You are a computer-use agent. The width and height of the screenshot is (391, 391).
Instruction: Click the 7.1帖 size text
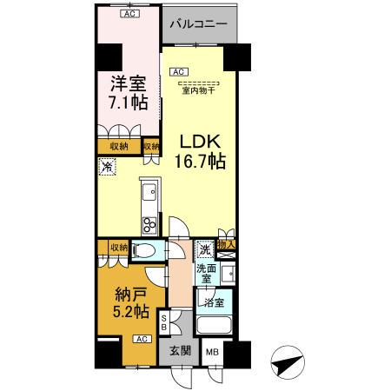[x=128, y=103]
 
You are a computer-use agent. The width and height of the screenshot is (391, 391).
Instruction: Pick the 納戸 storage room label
[x=128, y=292]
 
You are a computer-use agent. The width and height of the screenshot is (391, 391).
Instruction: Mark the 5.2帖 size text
[x=128, y=311]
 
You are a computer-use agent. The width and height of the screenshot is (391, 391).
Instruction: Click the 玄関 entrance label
[x=181, y=351]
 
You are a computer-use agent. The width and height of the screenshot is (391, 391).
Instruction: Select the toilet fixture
[x=144, y=251]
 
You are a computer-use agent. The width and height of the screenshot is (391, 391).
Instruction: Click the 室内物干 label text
[x=201, y=88]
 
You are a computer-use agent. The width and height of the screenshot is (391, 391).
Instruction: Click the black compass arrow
[x=288, y=361]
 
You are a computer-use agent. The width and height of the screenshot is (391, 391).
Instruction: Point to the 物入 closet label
[x=227, y=247]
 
